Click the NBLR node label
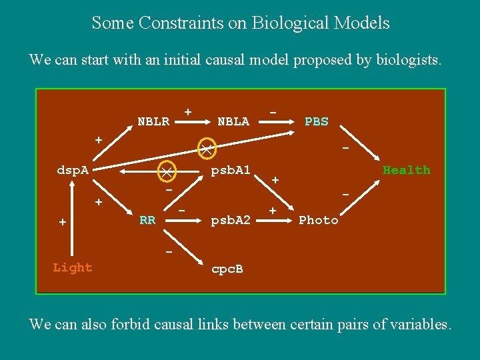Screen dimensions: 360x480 [153, 121]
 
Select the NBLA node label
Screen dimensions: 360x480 [233, 121]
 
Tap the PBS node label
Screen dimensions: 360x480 [316, 121]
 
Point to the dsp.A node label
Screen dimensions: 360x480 [73, 170]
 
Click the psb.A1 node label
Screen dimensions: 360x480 [231, 170]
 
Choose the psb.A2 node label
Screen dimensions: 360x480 [231, 219]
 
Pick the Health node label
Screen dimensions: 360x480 [407, 170]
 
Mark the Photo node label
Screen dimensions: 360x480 [319, 219]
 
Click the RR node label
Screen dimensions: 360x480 [147, 219]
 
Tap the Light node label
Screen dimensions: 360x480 [73, 267]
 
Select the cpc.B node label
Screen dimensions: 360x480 [227, 270]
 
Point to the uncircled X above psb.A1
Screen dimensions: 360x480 [207, 147]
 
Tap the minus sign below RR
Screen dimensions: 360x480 [169, 251]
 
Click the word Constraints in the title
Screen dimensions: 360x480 [183, 23]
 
